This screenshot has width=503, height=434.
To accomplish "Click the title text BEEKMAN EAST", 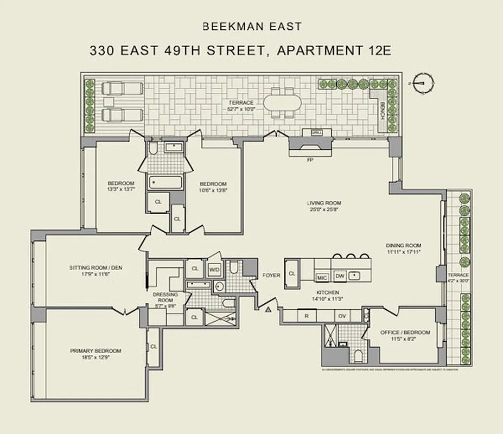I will pos(251,26).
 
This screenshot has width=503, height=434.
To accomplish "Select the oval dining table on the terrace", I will pos(278,103).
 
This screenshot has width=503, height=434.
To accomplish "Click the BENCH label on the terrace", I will pos(382,111).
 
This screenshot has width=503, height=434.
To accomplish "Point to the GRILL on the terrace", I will pos(317,132).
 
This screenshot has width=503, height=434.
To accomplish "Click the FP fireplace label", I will pos(310,161).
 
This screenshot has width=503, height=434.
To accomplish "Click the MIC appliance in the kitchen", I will pos(322,277).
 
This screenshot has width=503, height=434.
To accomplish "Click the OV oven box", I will pos(342,315).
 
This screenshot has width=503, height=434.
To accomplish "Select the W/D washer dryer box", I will pos(214,269).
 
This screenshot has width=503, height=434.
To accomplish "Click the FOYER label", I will pos(271,276).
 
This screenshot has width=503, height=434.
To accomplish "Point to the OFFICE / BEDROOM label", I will pos(406,333).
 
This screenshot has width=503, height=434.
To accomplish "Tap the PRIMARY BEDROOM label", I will pos(95,351).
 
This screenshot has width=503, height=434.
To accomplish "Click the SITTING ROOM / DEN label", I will pos(94,267).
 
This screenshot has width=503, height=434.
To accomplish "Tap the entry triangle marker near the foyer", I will pos(268,310).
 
